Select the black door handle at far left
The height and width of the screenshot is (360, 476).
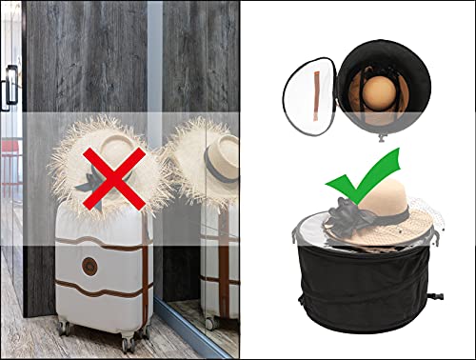coord(10,89)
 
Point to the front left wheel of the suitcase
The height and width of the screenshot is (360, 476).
coord(65,328)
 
